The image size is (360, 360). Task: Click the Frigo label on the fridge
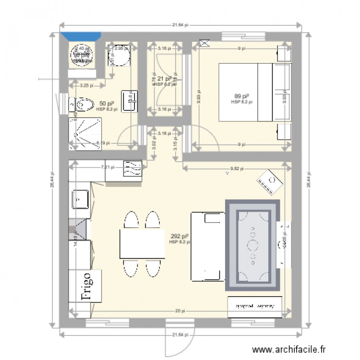click(x=85, y=285)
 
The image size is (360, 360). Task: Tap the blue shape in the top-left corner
click(x=81, y=36)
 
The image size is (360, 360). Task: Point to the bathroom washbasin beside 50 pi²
click(x=129, y=101)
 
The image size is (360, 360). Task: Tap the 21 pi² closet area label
click(x=165, y=79)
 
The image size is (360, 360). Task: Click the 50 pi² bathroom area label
click(x=106, y=104)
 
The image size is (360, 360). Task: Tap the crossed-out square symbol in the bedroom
click(x=204, y=43)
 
